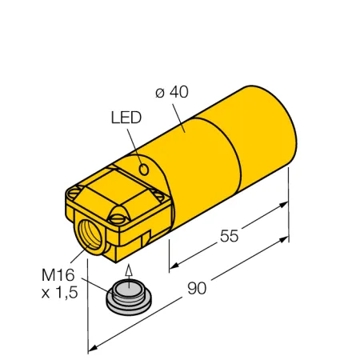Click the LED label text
(126, 118)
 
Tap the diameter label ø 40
(172, 92)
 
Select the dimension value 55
(229, 236)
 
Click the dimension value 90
(197, 288)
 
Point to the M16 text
(58, 275)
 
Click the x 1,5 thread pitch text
(60, 292)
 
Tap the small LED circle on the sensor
(144, 170)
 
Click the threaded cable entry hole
(90, 235)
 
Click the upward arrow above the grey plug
(129, 276)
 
